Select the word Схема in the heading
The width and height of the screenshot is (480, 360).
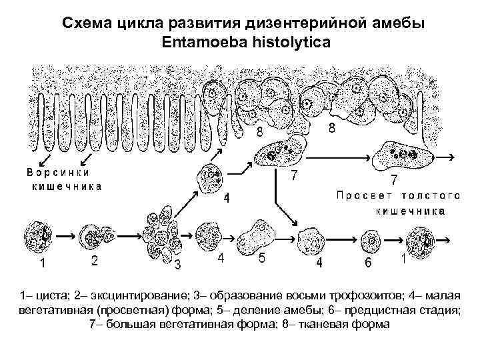(x=86, y=23)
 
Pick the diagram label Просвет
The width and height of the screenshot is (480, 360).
(x=365, y=195)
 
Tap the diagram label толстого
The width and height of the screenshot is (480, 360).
(x=431, y=195)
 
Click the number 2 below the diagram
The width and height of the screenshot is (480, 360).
(x=95, y=261)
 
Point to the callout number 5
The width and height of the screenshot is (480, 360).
(x=262, y=259)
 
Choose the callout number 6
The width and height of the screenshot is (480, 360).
(x=368, y=262)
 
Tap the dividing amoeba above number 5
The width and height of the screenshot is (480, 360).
(x=257, y=233)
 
